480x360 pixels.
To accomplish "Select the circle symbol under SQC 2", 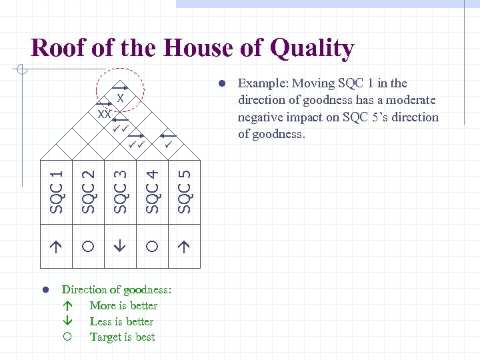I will click(x=89, y=246).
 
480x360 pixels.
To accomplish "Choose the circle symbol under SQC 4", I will click(x=152, y=246).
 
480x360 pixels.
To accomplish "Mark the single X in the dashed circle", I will click(x=120, y=99).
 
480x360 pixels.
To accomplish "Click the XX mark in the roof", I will click(x=103, y=114).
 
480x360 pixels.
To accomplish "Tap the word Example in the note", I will click(x=261, y=83).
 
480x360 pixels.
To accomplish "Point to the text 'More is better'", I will click(x=123, y=305).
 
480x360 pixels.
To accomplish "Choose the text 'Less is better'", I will click(x=121, y=321).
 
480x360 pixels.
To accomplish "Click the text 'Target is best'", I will click(x=122, y=337).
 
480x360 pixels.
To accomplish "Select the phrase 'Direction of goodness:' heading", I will click(x=117, y=289).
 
